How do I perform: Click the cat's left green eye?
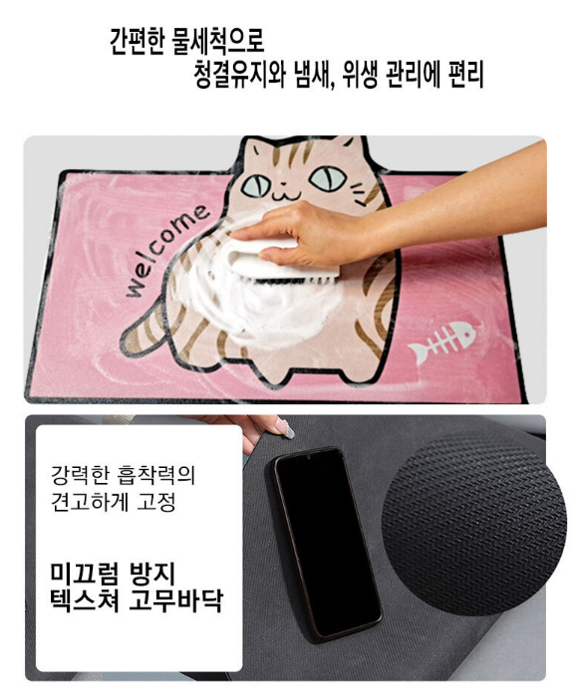pos(255,185)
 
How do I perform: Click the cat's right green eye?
pos(328,178)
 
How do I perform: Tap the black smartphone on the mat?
pos(327,544)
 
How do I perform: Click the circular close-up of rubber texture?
pos(474,523)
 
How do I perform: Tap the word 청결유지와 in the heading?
pos(240,75)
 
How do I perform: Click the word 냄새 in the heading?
pos(314,75)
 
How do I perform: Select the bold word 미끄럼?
pos(84,573)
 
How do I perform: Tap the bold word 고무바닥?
pos(175,600)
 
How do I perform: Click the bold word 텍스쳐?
pos(85,600)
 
